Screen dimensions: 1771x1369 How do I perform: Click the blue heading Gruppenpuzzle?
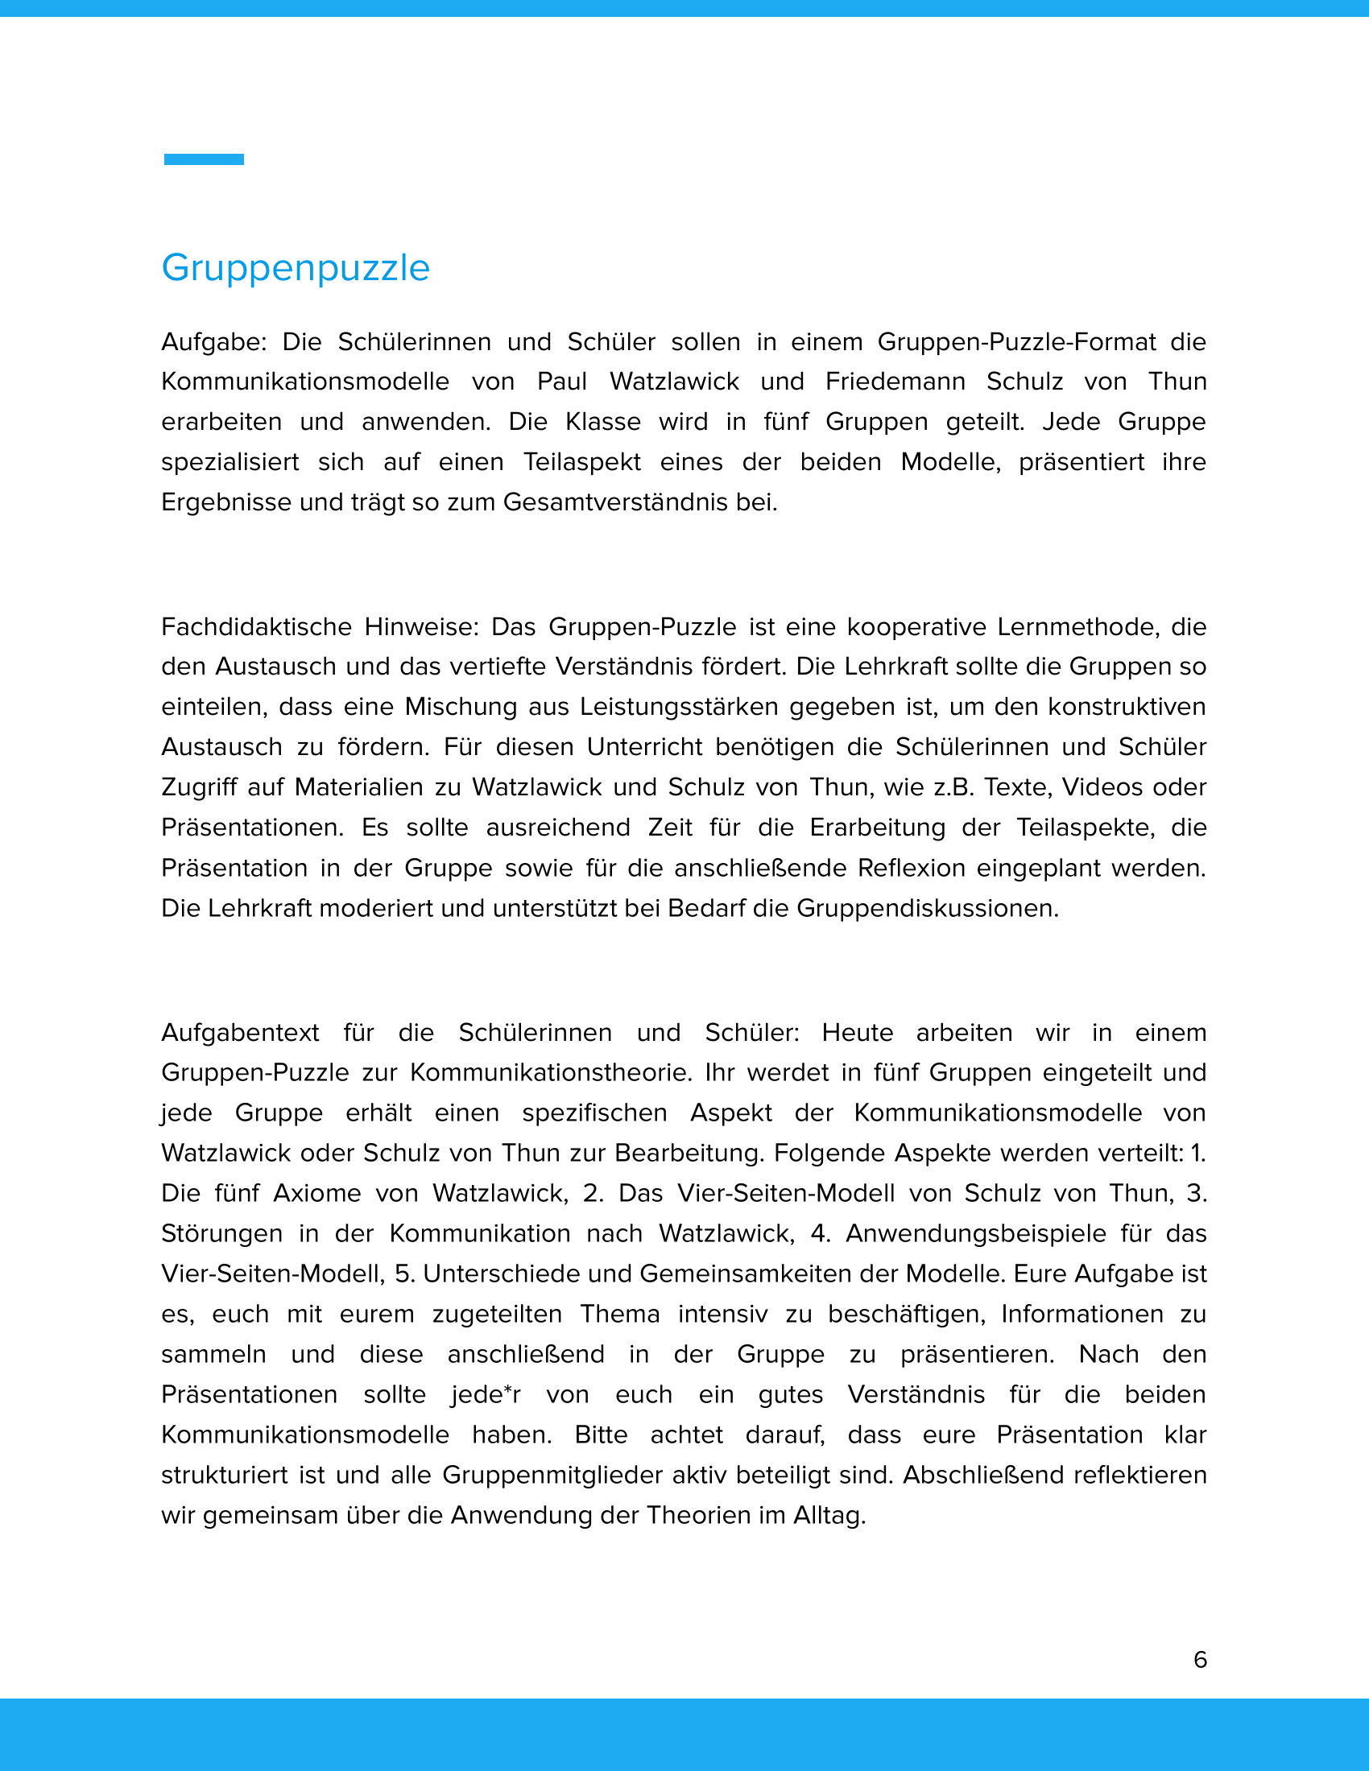pos(296,268)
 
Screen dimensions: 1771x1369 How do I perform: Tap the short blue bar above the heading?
pos(204,159)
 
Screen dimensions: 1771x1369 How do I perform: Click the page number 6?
pos(1201,1660)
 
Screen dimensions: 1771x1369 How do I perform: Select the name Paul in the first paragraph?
pos(561,381)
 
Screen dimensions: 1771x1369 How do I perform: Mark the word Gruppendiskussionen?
pos(927,908)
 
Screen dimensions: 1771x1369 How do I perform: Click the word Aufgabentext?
pos(240,1033)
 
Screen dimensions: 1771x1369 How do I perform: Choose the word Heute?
pos(858,1033)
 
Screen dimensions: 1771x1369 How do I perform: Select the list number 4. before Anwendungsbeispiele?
pos(821,1233)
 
